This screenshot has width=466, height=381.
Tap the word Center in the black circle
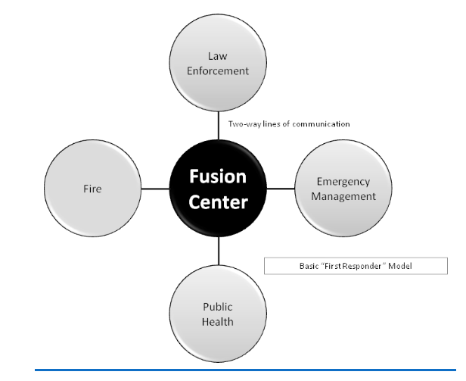tap(219, 201)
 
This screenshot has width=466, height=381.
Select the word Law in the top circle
tap(219, 55)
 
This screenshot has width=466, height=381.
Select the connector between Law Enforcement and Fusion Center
tap(219, 123)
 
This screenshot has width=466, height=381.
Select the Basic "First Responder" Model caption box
tap(355, 265)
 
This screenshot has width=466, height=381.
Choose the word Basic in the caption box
tap(309, 265)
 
